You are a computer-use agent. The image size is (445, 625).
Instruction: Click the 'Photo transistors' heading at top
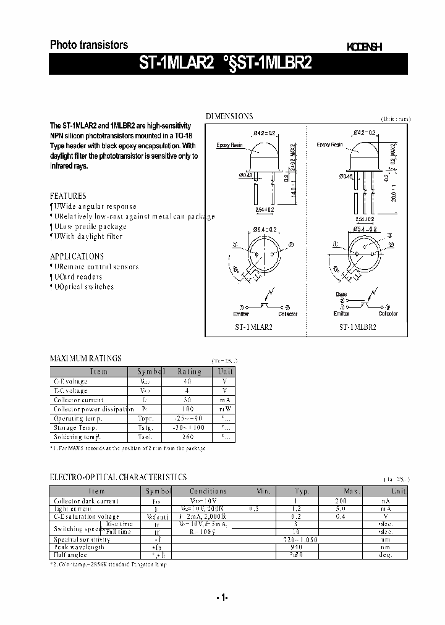(x=88, y=44)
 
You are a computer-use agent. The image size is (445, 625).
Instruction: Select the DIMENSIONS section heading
(x=229, y=116)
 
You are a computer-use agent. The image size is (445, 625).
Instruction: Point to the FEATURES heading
(x=68, y=195)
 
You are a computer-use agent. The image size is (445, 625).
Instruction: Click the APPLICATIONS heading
(x=77, y=256)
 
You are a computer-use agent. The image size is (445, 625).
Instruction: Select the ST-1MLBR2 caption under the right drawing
(x=357, y=328)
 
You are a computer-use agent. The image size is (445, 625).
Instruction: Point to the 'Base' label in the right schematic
(x=341, y=294)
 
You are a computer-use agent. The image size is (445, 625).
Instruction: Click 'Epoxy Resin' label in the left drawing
(x=230, y=145)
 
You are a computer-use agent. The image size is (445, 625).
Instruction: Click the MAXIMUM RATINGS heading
(x=85, y=358)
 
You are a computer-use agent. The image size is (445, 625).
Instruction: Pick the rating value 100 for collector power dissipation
(x=189, y=409)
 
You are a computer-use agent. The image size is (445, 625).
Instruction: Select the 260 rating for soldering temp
(x=189, y=437)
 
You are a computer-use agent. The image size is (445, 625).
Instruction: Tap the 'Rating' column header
(x=189, y=371)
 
